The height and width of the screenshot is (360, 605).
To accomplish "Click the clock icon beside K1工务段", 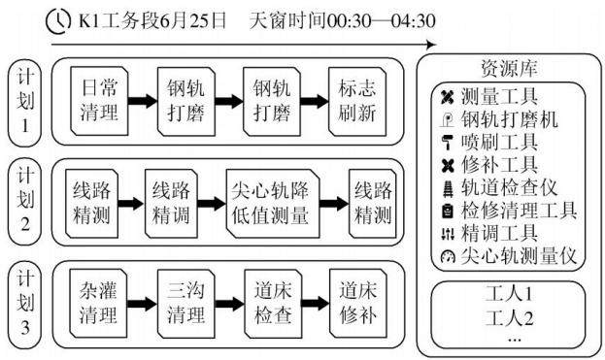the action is [58, 21].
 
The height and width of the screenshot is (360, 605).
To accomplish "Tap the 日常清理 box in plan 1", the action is [99, 101].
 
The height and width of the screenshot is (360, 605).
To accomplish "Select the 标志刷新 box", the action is [357, 101].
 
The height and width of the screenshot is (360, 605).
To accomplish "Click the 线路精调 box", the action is [171, 204].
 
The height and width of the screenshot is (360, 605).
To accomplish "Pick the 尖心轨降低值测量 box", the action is [273, 204].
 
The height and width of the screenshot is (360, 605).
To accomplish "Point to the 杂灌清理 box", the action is [98, 304].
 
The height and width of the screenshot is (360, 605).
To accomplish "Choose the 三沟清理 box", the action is [186, 304].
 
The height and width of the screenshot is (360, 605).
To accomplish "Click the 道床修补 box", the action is [358, 304].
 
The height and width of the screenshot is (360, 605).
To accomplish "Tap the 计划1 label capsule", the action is [24, 103].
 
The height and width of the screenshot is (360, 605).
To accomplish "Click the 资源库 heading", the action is [509, 69].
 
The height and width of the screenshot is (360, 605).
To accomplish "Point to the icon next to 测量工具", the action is [447, 96].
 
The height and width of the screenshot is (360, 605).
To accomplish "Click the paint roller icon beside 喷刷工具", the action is [447, 143].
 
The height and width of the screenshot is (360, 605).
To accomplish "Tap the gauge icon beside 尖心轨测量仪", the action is [448, 256].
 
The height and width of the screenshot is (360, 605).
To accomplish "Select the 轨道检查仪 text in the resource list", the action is [509, 187].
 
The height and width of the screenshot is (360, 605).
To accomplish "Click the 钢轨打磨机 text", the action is [509, 119].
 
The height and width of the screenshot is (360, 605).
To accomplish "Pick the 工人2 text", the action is [509, 318].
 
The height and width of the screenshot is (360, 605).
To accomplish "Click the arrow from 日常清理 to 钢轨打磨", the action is [143, 101].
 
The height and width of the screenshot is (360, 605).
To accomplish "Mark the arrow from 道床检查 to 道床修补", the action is [316, 304].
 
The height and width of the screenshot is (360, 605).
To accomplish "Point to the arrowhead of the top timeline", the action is [431, 45].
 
